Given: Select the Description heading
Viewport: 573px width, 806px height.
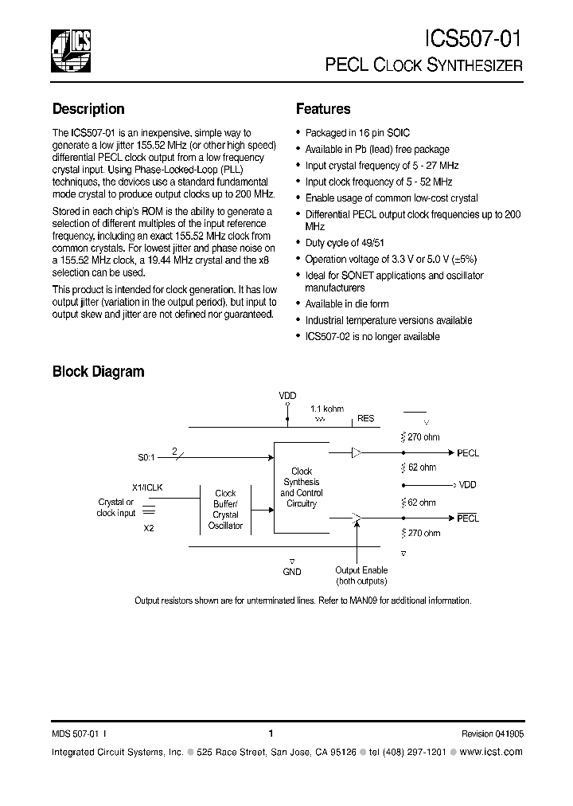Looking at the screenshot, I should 88,109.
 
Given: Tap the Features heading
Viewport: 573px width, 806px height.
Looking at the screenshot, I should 323,109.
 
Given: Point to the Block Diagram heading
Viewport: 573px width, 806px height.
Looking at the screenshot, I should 98,371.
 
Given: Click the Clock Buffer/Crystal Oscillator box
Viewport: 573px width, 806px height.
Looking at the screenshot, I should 225,510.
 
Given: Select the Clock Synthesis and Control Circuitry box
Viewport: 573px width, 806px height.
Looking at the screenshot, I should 302,487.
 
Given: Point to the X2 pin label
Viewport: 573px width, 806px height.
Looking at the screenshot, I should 149,527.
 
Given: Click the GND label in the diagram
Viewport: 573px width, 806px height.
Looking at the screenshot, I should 292,571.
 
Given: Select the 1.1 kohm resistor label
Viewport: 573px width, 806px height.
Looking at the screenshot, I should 327,409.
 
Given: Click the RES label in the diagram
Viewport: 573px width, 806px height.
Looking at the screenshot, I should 365,418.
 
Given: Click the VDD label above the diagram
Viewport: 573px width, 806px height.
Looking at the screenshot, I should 286,395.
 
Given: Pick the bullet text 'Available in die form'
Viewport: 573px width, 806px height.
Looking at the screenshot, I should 347,304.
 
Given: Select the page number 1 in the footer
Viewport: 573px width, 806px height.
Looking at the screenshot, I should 271,734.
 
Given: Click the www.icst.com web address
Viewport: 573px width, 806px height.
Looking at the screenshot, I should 491,752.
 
